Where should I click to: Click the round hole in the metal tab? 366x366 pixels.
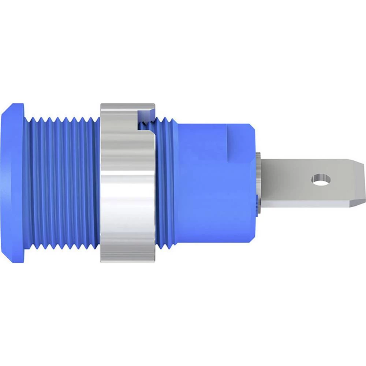pyautogui.click(x=321, y=179)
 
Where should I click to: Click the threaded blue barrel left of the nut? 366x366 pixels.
pyautogui.click(x=62, y=183)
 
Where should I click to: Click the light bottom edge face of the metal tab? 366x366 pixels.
pyautogui.click(x=307, y=204)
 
